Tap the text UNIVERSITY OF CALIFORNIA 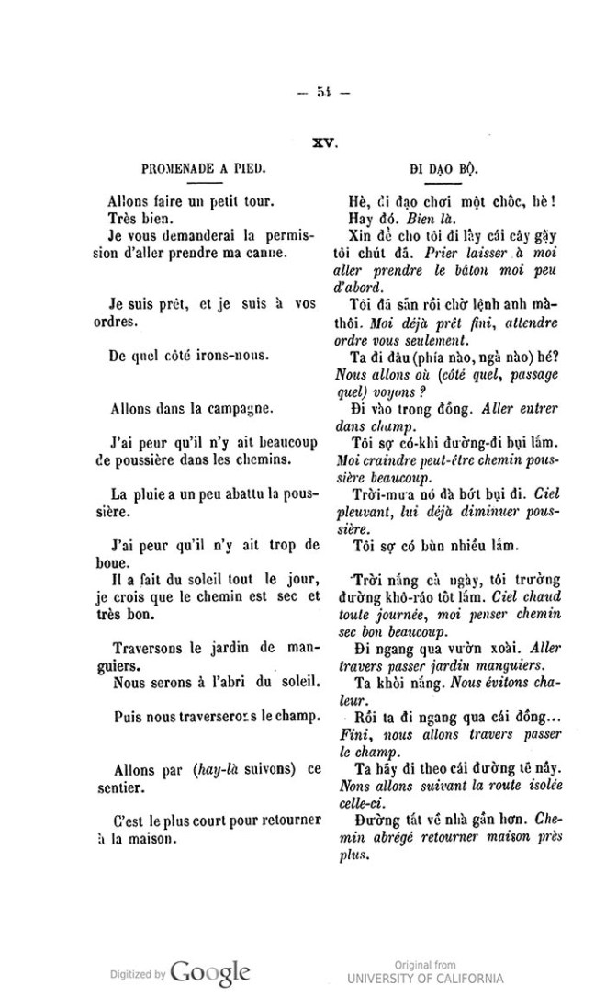[x=425, y=977]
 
